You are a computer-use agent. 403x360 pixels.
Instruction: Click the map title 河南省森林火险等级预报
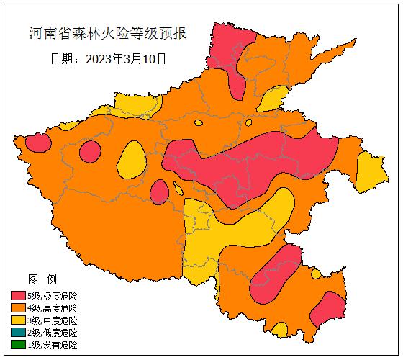[108, 34]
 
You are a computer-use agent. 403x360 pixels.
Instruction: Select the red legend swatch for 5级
[18, 296]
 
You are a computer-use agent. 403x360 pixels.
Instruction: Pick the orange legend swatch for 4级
[18, 308]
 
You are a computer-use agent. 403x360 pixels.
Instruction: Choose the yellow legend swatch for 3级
[18, 320]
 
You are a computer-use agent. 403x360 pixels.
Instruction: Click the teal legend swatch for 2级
[18, 333]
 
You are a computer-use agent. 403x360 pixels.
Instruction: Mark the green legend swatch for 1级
[18, 345]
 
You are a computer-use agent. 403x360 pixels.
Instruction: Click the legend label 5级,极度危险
[53, 296]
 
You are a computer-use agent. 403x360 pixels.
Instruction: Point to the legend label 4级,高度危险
[53, 308]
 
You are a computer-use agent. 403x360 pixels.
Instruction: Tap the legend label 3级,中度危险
[53, 320]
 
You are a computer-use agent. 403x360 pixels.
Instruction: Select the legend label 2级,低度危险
[53, 333]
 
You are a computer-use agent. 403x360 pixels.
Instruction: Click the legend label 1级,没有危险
[53, 345]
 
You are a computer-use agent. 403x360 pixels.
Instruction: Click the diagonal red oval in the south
[275, 274]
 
